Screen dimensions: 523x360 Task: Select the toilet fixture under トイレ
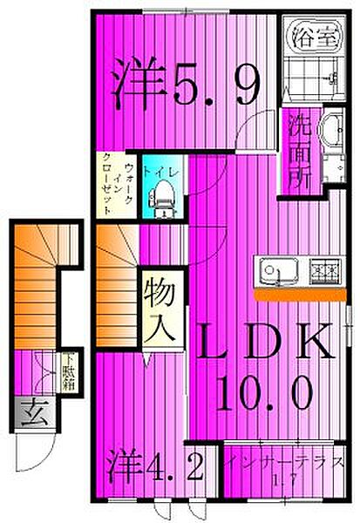pyautogui.click(x=164, y=203)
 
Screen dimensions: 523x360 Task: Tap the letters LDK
pyautogui.click(x=263, y=344)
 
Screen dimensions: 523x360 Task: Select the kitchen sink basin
pyautogui.click(x=274, y=270)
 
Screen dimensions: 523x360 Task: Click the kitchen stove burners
pyautogui.click(x=323, y=271)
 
